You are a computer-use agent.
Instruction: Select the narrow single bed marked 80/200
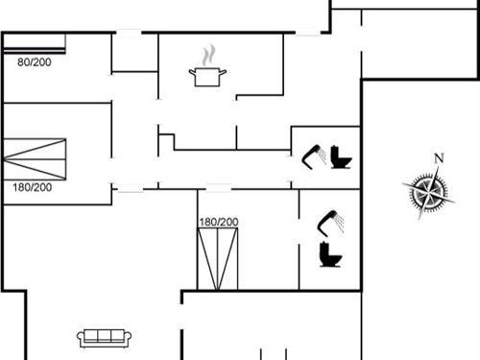35,43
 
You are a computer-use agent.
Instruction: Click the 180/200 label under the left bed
33,186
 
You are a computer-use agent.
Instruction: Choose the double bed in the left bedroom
35,158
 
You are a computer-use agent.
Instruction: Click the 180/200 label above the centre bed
218,222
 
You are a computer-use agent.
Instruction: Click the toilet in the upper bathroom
340,156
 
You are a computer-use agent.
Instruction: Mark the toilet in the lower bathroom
330,254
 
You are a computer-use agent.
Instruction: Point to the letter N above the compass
439,159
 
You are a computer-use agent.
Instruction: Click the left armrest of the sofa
81,337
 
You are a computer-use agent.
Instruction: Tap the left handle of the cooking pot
193,70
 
